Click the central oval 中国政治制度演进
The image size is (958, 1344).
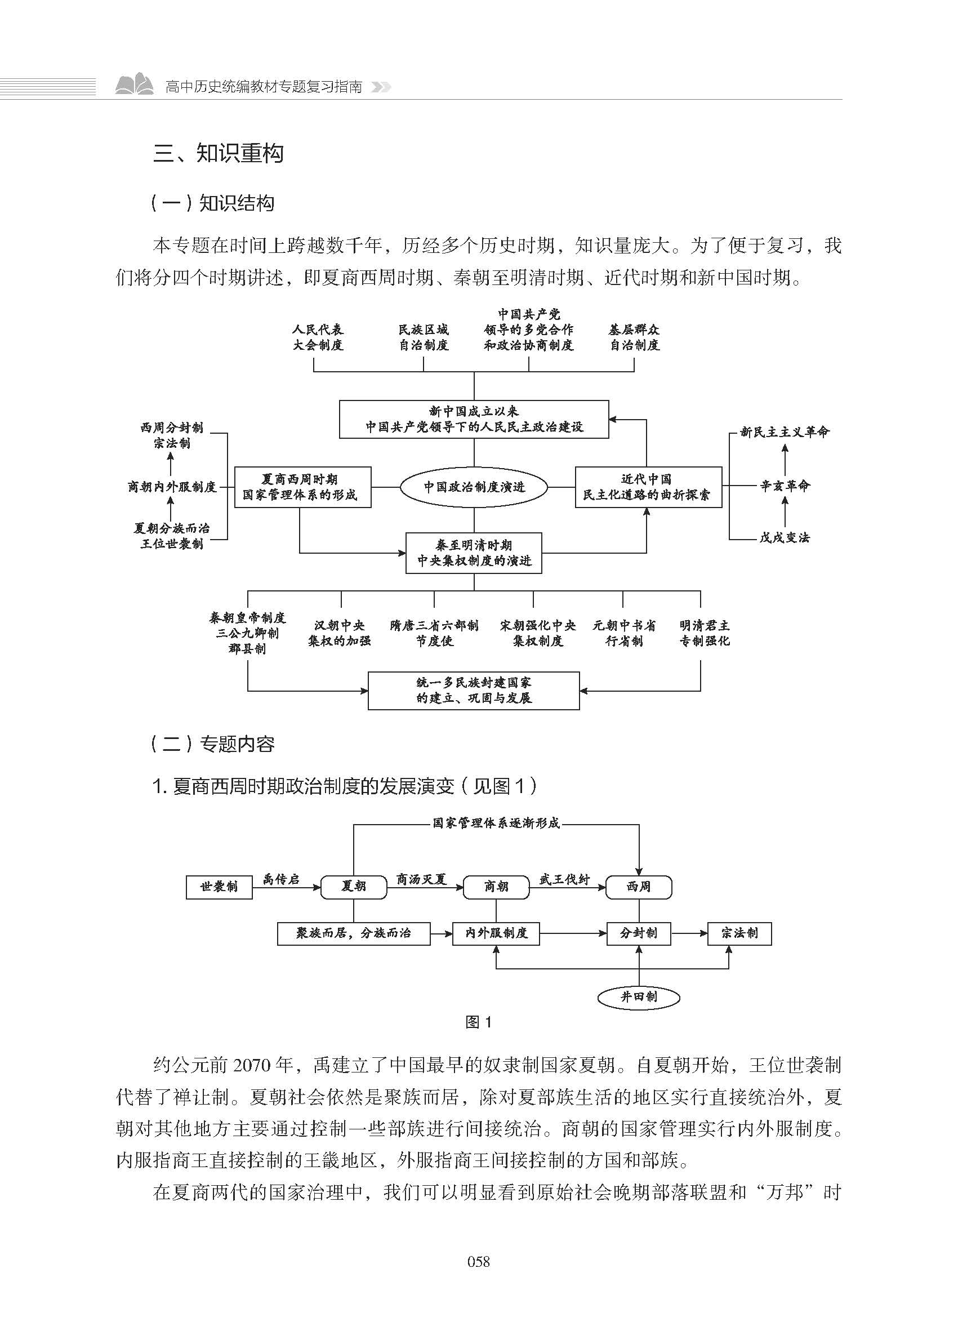[474, 487]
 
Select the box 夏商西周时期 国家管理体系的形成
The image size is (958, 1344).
[302, 487]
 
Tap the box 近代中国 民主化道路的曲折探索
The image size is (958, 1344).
[648, 487]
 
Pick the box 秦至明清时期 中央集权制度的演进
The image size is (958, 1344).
[474, 553]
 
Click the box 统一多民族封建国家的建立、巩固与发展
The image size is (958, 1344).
[474, 690]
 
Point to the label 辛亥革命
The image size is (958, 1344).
[785, 486]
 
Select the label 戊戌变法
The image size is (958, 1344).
[785, 537]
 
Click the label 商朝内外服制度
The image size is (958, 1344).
[172, 487]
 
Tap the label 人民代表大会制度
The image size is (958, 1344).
[318, 337]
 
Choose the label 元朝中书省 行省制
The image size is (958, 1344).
[624, 633]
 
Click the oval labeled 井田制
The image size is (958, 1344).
[639, 997]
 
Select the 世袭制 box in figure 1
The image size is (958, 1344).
[219, 887]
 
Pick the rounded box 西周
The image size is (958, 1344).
[639, 887]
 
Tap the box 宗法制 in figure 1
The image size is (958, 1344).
[739, 933]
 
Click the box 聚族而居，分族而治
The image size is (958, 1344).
[353, 933]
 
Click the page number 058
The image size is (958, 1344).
[478, 1262]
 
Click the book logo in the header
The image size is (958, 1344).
[135, 86]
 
